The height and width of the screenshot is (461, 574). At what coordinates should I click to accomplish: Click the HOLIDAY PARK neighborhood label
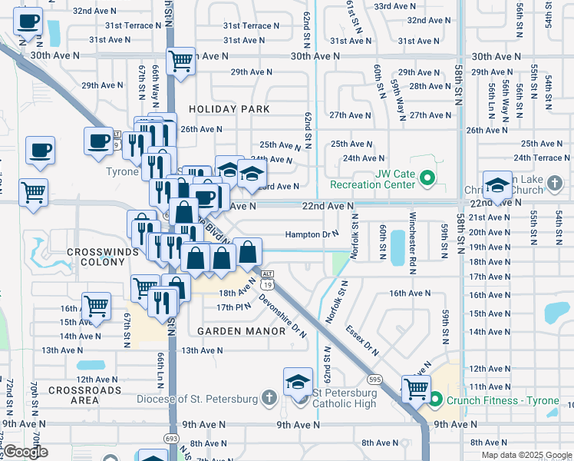pyautogui.click(x=229, y=109)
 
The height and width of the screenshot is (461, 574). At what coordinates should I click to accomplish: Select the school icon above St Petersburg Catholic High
pyautogui.click(x=298, y=381)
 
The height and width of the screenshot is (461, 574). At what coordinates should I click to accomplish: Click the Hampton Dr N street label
pyautogui.click(x=312, y=234)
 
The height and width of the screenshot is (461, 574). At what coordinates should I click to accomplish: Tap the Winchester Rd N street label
pyautogui.click(x=414, y=235)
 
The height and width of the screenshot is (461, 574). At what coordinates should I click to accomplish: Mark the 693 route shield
pyautogui.click(x=171, y=438)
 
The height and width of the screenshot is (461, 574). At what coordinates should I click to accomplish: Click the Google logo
pyautogui.click(x=26, y=452)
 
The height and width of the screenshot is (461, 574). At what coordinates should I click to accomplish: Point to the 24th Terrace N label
pyautogui.click(x=542, y=158)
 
